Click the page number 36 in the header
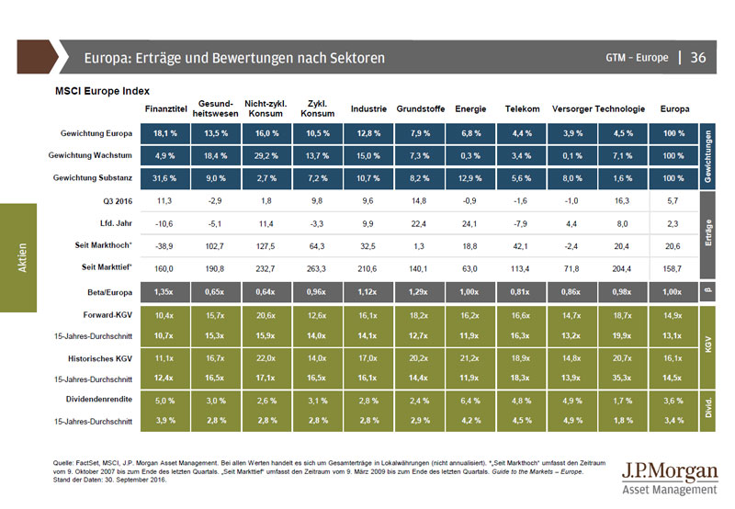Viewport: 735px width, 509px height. (698, 57)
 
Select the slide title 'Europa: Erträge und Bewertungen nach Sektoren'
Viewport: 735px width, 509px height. (234, 58)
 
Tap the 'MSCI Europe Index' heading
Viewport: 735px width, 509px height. (103, 91)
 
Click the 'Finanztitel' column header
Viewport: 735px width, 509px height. (165, 109)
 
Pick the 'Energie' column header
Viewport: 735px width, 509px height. (470, 109)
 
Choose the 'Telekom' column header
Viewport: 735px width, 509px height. (522, 109)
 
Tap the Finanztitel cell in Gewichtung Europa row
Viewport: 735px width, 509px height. (165, 133)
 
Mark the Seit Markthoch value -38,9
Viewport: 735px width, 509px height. (165, 245)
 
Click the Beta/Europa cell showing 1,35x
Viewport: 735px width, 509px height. (165, 291)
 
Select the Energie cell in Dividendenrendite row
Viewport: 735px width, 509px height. (470, 400)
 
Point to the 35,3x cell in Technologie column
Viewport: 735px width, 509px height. (623, 378)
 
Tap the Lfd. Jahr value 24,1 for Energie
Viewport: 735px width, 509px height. (470, 223)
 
